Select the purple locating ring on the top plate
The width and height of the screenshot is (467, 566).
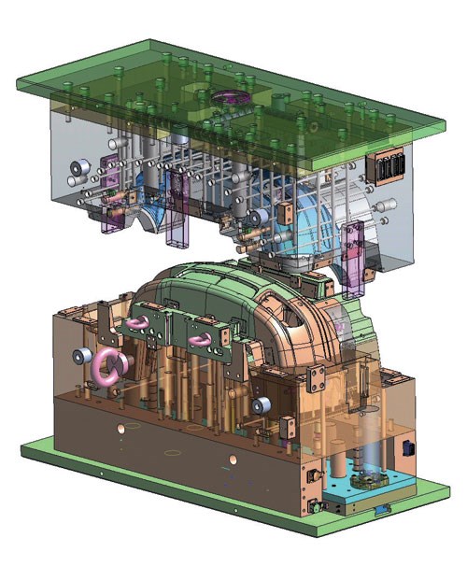pos(229,97)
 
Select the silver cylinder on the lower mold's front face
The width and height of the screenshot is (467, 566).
pos(264,404)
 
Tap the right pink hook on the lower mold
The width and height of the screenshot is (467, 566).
pos(200,340)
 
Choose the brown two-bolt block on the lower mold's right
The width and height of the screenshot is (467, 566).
pos(317,377)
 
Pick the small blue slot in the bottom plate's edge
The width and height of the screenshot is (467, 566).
pos(381,511)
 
